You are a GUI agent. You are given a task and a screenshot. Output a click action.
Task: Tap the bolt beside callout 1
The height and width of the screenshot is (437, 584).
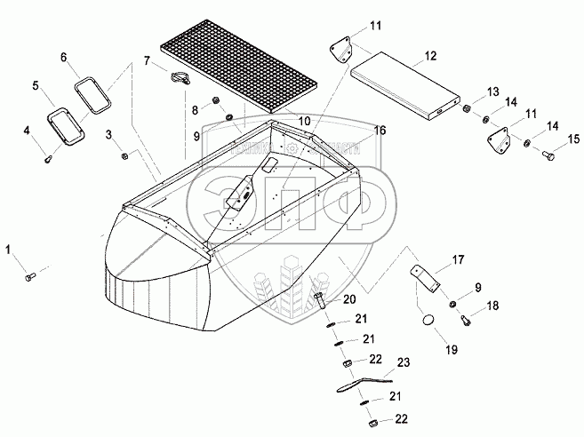29,277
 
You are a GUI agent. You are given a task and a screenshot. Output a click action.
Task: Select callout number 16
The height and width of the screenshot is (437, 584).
380,131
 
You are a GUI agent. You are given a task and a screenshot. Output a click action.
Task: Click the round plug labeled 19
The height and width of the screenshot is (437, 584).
426,321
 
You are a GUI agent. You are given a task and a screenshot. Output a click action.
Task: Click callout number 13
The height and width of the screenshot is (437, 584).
492,91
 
